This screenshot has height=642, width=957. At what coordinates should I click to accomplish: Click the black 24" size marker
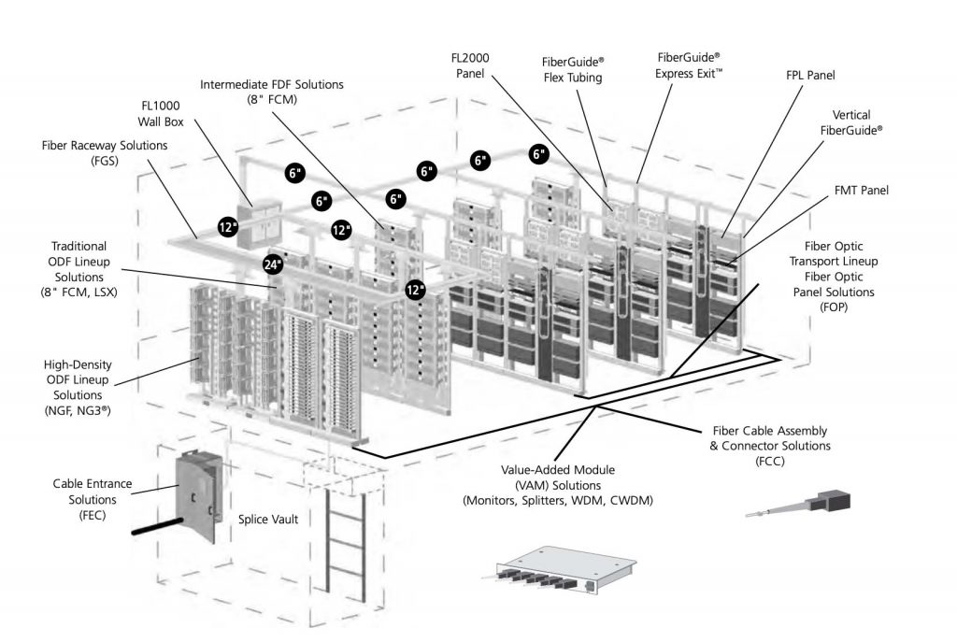pos(272,264)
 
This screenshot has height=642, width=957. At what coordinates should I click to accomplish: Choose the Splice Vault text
pos(267,520)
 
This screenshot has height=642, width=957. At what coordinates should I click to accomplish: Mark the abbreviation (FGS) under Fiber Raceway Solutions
pos(105,163)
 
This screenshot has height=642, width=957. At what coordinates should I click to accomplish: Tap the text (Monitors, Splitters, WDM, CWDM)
pos(558,501)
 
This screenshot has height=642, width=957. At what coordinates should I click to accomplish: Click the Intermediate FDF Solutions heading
pos(272,85)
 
